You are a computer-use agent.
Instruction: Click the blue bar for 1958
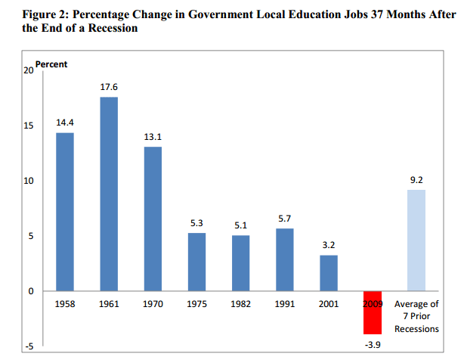point(65,212)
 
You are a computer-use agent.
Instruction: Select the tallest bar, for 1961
point(109,194)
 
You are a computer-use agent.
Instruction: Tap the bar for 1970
point(153,219)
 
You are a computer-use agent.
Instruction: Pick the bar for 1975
point(196,262)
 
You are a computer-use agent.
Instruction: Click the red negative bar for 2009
point(373,312)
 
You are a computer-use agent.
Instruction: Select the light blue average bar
point(416,241)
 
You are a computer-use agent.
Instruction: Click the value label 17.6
point(109,88)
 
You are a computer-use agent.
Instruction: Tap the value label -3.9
point(373,344)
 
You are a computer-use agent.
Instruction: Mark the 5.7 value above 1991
point(285,219)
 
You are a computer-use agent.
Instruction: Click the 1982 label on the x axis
point(240,304)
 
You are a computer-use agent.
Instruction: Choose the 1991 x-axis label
point(285,304)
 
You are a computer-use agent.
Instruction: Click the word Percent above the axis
point(51,64)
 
